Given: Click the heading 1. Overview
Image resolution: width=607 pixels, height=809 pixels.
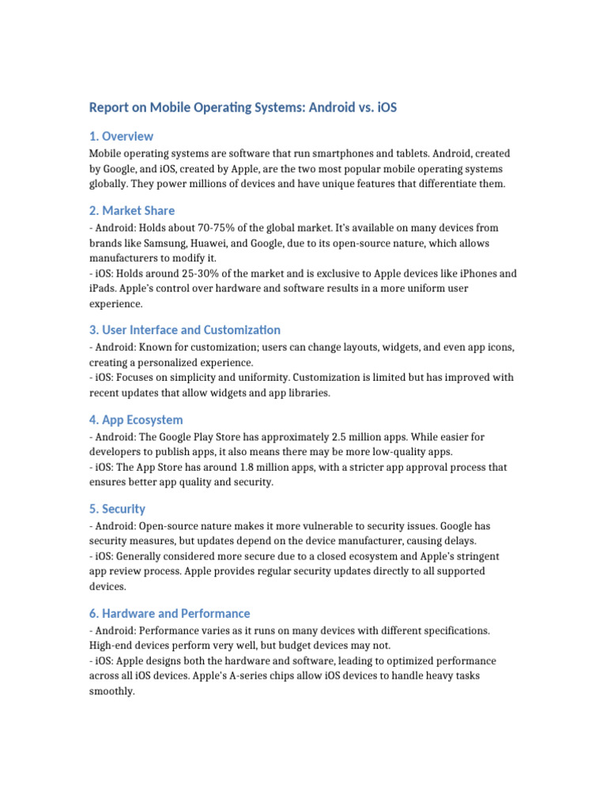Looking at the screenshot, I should pos(121,136).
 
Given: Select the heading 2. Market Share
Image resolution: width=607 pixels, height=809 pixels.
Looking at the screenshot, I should pos(132,210).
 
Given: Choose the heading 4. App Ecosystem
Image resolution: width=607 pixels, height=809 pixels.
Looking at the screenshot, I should pos(136,420).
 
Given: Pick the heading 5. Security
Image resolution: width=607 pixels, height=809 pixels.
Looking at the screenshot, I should pos(118,509).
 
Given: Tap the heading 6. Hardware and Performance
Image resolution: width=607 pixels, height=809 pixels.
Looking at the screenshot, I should pos(169,613).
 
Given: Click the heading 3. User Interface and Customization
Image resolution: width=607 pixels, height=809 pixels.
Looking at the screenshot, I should pos(185,329).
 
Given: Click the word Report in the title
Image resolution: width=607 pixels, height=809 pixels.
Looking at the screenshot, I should pos(108,107).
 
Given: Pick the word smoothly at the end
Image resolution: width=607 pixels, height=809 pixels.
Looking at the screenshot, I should pos(111,691).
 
